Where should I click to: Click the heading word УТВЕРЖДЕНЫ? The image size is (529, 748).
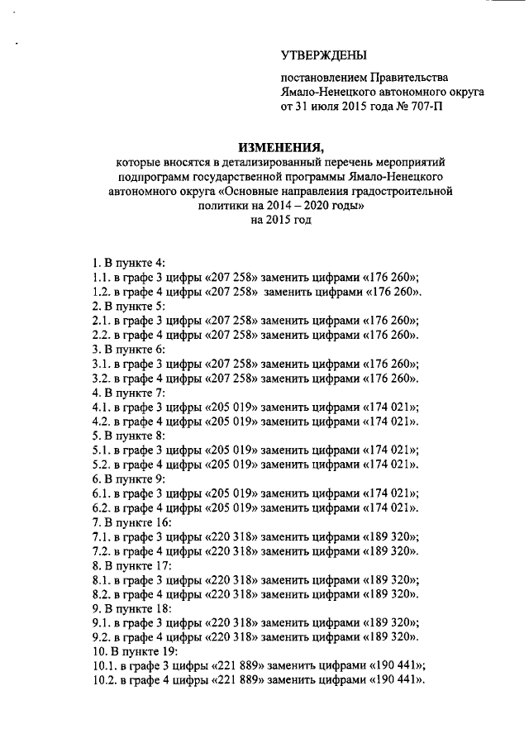(x=323, y=55)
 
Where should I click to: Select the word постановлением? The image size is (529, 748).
(x=323, y=79)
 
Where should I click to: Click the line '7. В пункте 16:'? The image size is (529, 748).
(x=132, y=522)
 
